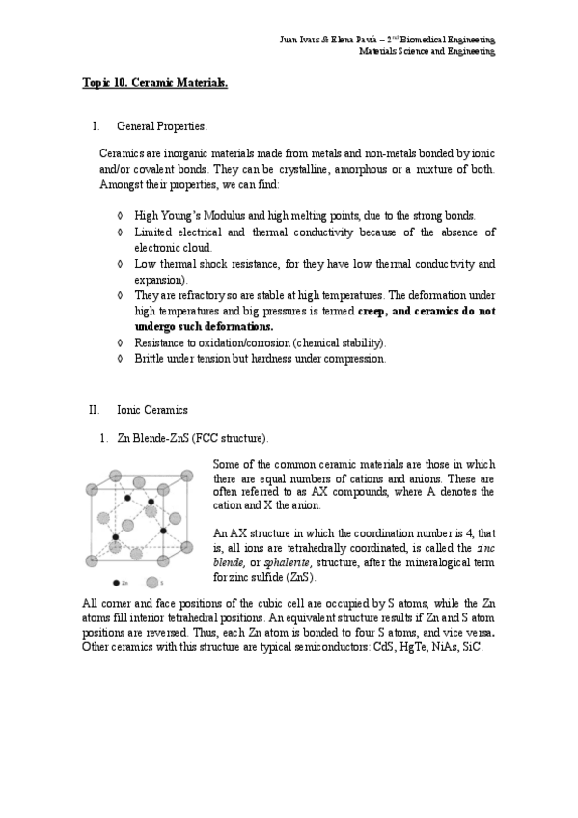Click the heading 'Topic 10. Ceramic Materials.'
click(154, 84)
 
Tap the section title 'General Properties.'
click(160, 126)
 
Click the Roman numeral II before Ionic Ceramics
click(94, 410)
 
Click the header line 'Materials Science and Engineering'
click(427, 51)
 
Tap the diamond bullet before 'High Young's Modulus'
click(119, 215)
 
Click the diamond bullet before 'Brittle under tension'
click(119, 359)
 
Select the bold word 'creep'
click(375, 312)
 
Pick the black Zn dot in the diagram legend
click(116, 583)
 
